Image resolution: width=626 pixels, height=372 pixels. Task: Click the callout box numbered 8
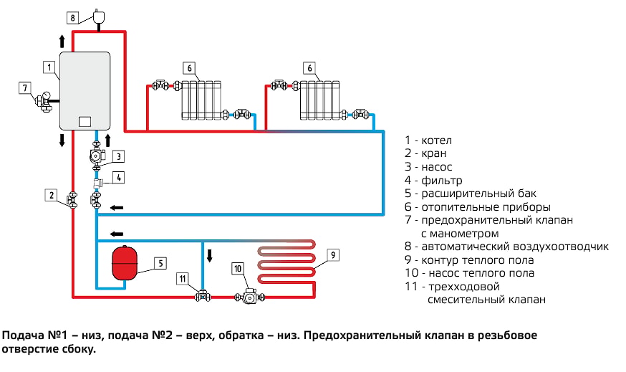point(72,18)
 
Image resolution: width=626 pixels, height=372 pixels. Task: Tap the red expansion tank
point(125,263)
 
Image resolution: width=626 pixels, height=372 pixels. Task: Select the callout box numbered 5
point(160,263)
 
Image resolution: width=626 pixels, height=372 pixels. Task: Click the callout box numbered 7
point(25,88)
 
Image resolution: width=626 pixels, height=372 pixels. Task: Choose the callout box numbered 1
point(49,67)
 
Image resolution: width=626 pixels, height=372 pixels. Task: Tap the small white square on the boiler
point(85,121)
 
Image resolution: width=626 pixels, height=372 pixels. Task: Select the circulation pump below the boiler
point(97,156)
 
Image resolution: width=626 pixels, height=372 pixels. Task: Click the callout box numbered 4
point(119,178)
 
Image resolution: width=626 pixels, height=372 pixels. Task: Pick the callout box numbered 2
point(51,196)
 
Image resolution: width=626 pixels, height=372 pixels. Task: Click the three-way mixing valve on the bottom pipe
point(203,296)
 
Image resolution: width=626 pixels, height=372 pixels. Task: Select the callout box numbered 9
point(333,255)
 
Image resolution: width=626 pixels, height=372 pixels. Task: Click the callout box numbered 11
point(183,279)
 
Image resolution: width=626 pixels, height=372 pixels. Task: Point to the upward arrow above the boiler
point(62,41)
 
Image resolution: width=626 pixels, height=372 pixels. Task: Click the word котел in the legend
point(437,140)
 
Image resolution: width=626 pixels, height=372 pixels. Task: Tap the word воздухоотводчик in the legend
point(561,247)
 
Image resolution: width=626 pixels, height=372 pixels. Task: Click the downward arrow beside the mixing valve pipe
point(210,255)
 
